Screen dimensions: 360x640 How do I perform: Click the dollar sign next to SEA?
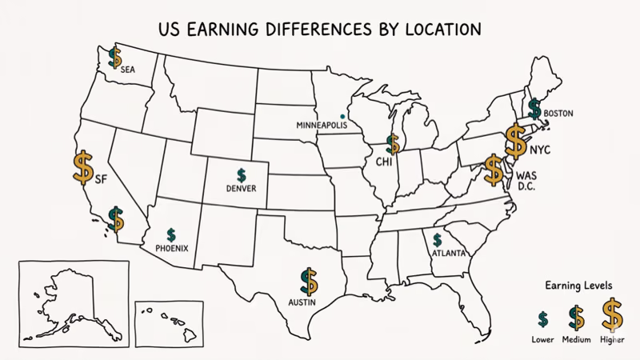(115, 57)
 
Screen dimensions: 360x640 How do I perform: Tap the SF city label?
(101, 179)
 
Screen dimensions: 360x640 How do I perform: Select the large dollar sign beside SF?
(82, 166)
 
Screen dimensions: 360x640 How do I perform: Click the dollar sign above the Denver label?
(241, 174)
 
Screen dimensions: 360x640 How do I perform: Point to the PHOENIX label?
(172, 248)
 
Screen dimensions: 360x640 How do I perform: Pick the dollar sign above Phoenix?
(171, 234)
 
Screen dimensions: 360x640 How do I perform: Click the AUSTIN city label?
(302, 302)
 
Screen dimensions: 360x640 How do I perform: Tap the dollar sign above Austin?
(309, 281)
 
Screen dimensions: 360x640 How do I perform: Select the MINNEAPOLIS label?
(322, 126)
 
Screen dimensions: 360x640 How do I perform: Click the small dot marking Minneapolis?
(343, 114)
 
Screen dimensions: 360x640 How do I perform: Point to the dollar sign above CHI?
(393, 143)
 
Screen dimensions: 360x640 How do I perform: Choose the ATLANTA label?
(448, 254)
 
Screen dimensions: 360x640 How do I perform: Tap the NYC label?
(540, 150)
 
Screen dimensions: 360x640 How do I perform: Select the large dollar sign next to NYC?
(515, 142)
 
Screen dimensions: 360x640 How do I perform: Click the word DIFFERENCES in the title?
(302, 30)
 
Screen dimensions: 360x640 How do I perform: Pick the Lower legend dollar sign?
(542, 319)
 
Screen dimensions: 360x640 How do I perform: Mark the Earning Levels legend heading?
(578, 286)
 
